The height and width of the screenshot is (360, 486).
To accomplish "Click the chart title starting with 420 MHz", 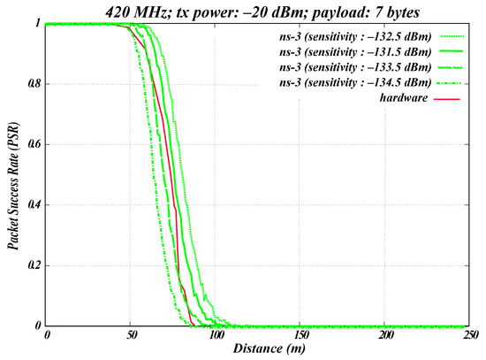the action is (x=262, y=12).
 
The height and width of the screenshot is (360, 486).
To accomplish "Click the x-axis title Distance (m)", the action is (x=269, y=349).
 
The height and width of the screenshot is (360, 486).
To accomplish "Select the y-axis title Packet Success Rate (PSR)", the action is (x=13, y=187).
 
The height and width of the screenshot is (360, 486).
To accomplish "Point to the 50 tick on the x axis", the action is (x=132, y=335).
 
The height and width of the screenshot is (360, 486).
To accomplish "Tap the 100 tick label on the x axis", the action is (x=216, y=335).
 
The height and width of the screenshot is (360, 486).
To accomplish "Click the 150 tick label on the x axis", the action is (x=300, y=335).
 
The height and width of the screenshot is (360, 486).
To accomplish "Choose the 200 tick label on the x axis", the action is (x=386, y=335).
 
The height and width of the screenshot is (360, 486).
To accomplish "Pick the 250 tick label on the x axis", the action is (x=470, y=335).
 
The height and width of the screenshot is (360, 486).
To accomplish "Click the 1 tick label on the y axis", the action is (x=38, y=23).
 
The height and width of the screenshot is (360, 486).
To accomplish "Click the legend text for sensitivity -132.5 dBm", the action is (x=355, y=36).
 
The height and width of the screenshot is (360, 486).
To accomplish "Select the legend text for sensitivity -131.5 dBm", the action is (x=355, y=52).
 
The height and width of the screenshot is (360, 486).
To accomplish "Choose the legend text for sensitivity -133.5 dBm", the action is (x=355, y=67).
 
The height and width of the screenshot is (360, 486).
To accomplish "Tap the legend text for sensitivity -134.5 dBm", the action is (x=355, y=82).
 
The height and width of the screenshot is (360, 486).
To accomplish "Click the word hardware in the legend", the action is (x=404, y=97).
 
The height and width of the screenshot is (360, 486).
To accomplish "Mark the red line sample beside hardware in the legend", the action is (x=446, y=99).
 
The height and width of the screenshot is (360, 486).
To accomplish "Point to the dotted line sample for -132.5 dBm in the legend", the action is (x=452, y=36).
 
